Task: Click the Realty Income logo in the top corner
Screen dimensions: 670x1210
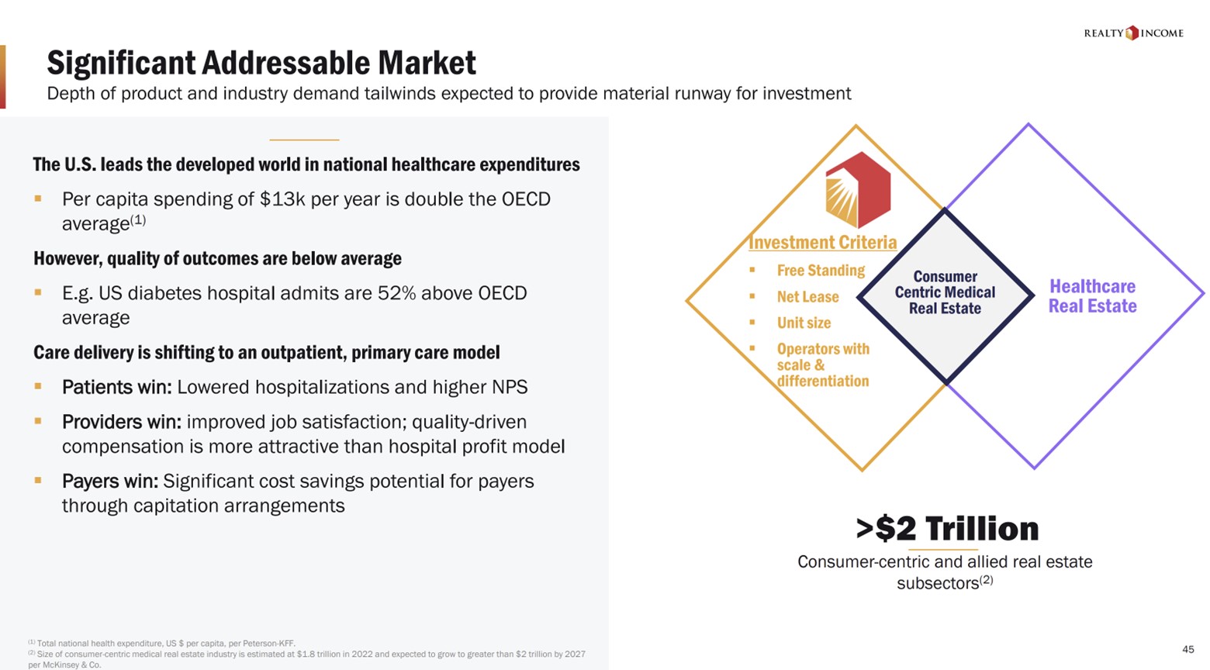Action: point(1132,33)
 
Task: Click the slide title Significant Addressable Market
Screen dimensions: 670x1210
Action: point(261,63)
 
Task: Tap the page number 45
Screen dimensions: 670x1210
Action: point(1188,649)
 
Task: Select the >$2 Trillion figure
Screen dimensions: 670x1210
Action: point(946,528)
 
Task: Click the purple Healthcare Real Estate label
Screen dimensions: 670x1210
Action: point(1092,296)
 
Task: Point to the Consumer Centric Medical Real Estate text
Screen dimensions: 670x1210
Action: point(945,292)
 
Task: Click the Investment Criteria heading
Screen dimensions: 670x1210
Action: point(822,243)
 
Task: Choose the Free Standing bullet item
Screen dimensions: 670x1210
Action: point(821,271)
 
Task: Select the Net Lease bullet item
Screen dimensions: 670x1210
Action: point(807,297)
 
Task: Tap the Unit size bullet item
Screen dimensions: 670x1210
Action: point(804,323)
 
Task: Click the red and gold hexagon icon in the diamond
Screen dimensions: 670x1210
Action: point(857,189)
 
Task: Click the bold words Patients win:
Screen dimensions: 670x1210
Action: point(117,387)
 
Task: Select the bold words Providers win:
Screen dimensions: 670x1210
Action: point(122,422)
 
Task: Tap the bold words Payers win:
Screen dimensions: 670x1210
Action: point(110,482)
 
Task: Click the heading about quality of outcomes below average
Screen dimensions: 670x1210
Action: point(217,258)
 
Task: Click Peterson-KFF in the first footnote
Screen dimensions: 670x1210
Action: point(268,644)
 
